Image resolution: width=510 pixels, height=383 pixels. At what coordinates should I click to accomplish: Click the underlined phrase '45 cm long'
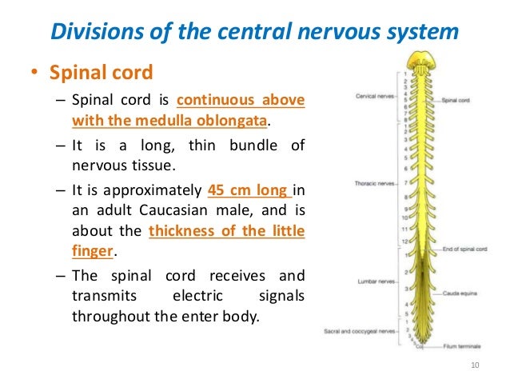click(x=248, y=190)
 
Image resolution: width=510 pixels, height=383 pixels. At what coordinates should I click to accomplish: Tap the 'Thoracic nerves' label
click(x=372, y=184)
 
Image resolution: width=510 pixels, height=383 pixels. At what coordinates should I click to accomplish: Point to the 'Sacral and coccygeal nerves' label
click(x=360, y=330)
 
